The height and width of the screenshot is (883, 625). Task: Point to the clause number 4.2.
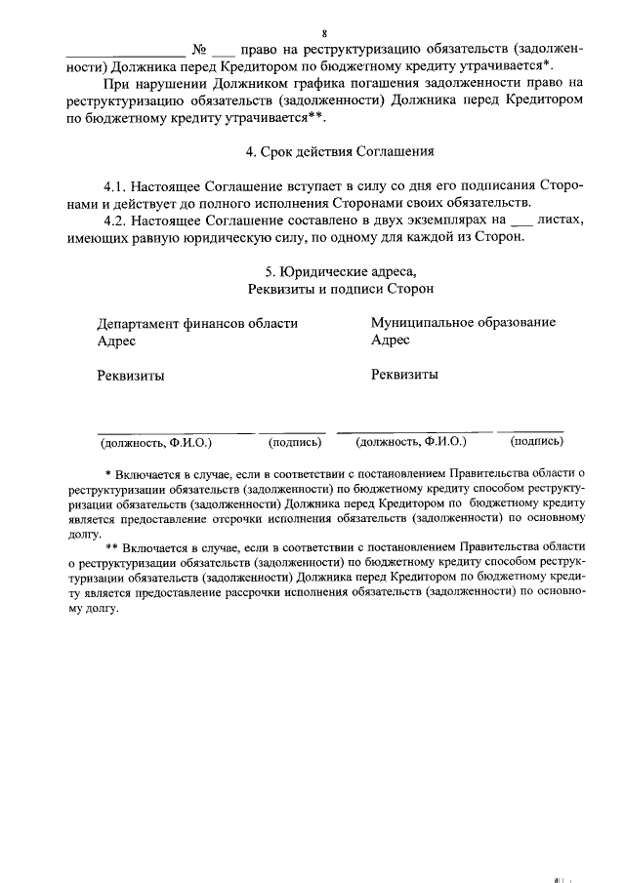coord(117,221)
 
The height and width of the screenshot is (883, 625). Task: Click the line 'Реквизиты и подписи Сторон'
coord(341,289)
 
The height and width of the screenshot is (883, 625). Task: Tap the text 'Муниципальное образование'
coord(463,322)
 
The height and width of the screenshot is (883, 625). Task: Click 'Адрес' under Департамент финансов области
coord(116,341)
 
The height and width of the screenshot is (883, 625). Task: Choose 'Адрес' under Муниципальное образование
coord(390,340)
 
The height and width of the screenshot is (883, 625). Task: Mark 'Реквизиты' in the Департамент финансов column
coord(130,376)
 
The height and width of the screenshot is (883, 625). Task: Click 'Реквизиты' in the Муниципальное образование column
coord(403,374)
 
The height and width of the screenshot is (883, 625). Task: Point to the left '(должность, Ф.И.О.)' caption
coord(156,442)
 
